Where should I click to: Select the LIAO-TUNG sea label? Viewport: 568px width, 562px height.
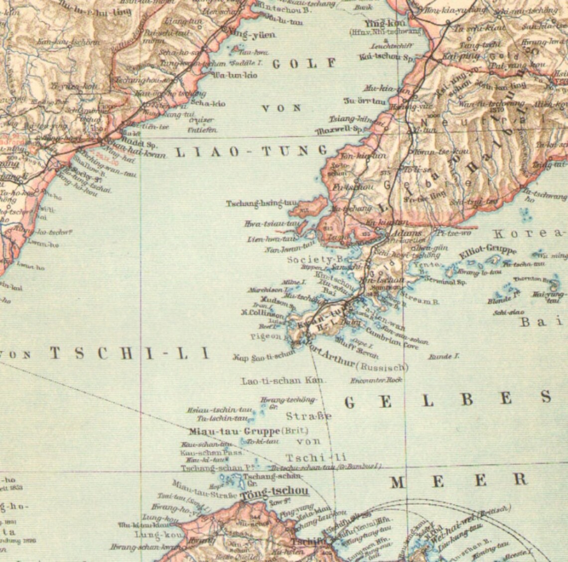[251, 151]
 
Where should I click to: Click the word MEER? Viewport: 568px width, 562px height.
[458, 480]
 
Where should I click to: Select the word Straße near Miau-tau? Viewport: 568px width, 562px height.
[309, 416]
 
